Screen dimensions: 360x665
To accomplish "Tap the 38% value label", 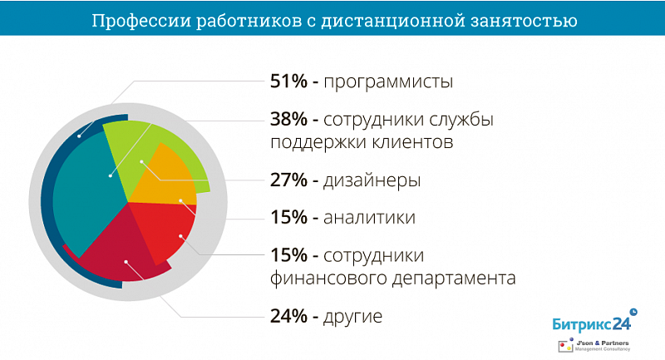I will point(288,119).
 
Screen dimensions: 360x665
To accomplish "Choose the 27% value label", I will point(288,180).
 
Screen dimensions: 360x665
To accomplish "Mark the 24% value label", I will point(288,316).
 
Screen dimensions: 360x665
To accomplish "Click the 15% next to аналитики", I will point(288,218).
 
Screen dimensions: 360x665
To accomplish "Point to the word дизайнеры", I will point(372,180).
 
